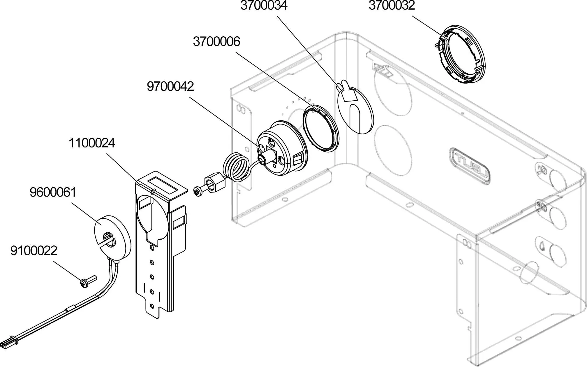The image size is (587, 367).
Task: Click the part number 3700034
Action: coord(264,6)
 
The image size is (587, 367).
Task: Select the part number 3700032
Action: coord(392,6)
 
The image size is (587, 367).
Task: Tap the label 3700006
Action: coord(216,42)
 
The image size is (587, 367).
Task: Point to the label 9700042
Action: coord(170,86)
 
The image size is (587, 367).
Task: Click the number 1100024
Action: coord(92,143)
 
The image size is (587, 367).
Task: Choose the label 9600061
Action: coord(53,192)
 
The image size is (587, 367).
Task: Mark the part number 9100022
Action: coord(34,251)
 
